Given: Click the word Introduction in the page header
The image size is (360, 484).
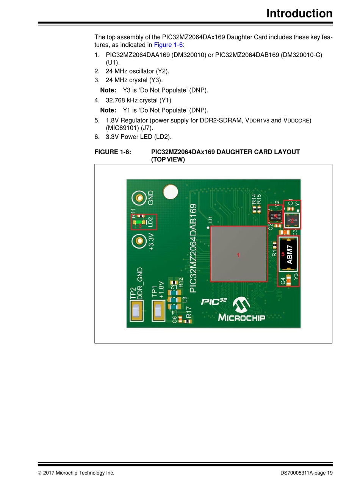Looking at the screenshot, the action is (x=299, y=13).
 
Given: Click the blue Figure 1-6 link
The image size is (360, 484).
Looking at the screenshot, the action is (x=168, y=45).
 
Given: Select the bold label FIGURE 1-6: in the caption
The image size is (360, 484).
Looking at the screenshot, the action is (x=113, y=152).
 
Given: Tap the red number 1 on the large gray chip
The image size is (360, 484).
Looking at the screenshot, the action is (x=238, y=255).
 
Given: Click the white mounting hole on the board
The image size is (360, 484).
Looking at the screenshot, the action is (x=170, y=192).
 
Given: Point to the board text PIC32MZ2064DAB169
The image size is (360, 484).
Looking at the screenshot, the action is (x=193, y=248).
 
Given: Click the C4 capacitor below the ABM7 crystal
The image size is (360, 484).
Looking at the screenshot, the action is (x=289, y=281).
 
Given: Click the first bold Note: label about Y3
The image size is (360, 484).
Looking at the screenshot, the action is (x=108, y=90).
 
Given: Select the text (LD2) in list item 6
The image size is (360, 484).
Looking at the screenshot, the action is (x=163, y=137).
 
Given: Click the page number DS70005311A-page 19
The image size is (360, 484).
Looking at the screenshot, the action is (x=307, y=473).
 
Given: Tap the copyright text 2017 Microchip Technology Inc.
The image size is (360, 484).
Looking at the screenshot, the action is (x=78, y=473).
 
